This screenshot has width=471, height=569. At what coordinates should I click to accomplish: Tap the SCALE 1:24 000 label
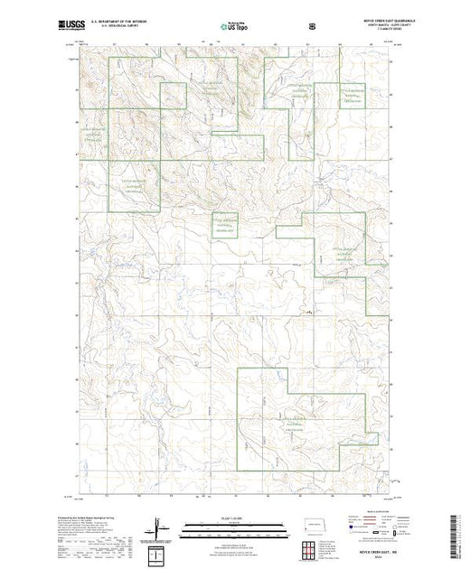coord(233,518)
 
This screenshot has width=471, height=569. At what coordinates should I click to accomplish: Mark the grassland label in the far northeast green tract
coord(351,98)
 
